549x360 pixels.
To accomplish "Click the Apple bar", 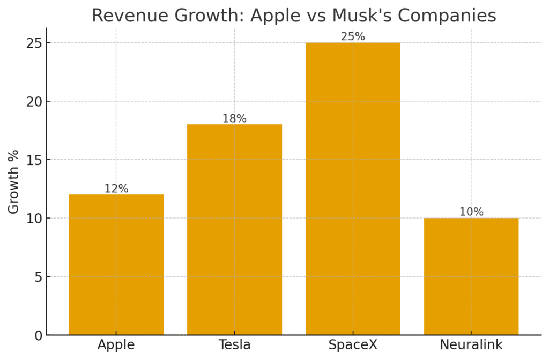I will coord(116,265).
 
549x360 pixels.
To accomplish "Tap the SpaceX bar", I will coord(353,189).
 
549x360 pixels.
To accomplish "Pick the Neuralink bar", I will coord(471,276).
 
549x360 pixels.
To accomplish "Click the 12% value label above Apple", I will coord(116,189).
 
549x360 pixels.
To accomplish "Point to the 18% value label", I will coord(234,118).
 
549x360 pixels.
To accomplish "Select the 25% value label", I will coord(353,36).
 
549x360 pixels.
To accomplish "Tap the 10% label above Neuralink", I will coord(471,212).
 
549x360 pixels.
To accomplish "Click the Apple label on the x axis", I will coord(116,345).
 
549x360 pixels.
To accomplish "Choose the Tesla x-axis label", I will coord(234,345).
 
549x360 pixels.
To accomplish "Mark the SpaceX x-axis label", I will coord(353,345).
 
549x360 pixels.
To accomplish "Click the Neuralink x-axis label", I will coord(471,345).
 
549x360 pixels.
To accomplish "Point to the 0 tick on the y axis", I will coord(38,336).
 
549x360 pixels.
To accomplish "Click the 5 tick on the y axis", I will coord(38,277).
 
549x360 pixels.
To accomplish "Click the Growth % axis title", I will coord(13,182).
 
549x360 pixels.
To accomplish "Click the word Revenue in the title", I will coord(124,16).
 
